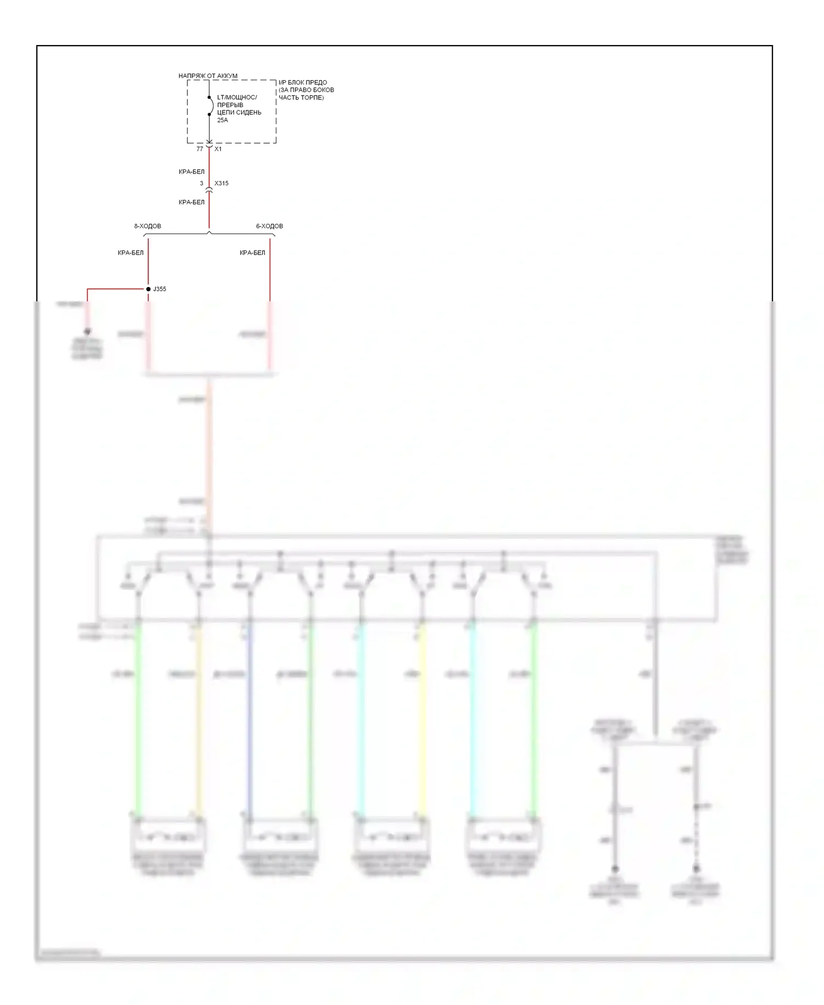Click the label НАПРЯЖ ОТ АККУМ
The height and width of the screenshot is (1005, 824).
[x=208, y=76]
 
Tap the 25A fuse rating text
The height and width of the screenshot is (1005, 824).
[x=222, y=120]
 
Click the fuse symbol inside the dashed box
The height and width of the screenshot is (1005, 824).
[x=209, y=106]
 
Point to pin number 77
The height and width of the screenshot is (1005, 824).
[x=199, y=149]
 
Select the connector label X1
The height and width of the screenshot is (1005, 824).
[x=218, y=149]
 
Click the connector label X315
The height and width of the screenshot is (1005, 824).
[x=221, y=184]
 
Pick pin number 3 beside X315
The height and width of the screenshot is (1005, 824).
[x=202, y=184]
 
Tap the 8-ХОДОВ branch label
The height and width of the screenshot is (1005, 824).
[x=148, y=227]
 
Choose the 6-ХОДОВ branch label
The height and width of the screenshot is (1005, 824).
[x=269, y=227]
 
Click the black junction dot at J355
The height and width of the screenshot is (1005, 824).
[x=148, y=289]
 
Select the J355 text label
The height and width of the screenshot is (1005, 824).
[x=159, y=289]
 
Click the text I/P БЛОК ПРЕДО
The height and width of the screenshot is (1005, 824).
[x=303, y=82]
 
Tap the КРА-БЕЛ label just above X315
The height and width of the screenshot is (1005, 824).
[x=191, y=172]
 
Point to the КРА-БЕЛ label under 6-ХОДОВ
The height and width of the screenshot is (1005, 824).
[x=252, y=253]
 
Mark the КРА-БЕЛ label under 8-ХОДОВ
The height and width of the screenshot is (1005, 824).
[x=130, y=253]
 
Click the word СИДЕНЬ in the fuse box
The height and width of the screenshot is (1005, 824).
[x=250, y=113]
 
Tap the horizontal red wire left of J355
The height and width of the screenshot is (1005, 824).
[x=115, y=289]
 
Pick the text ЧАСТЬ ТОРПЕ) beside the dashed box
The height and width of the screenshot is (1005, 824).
[x=301, y=98]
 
